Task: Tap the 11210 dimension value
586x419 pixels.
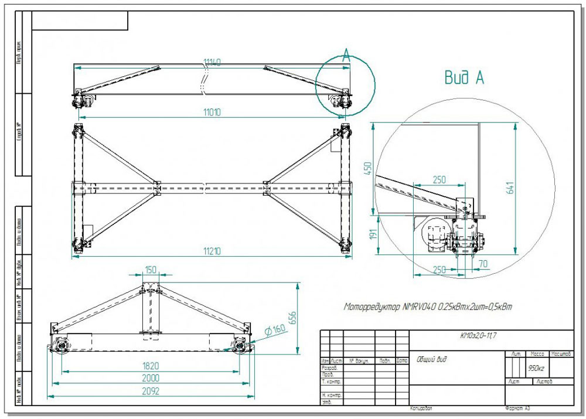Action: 212,251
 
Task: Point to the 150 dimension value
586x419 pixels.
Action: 152,270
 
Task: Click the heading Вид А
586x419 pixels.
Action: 464,78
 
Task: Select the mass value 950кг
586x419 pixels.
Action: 536,369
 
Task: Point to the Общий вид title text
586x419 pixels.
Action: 431,359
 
